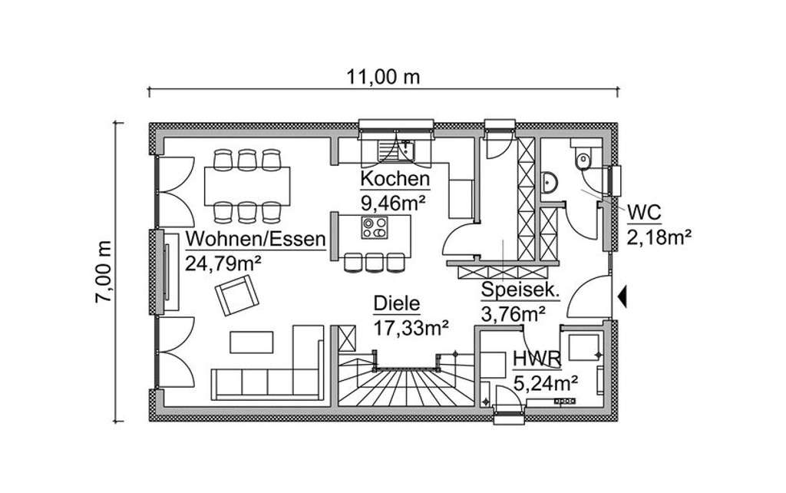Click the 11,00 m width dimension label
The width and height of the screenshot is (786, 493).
[383, 77]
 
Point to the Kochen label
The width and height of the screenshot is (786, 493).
[395, 180]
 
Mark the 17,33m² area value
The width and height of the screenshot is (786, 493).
[411, 328]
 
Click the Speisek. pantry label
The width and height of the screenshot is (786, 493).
[520, 290]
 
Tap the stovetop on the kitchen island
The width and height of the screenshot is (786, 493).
[376, 228]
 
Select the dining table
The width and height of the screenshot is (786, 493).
[247, 185]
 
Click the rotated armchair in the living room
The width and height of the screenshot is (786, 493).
[236, 296]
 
